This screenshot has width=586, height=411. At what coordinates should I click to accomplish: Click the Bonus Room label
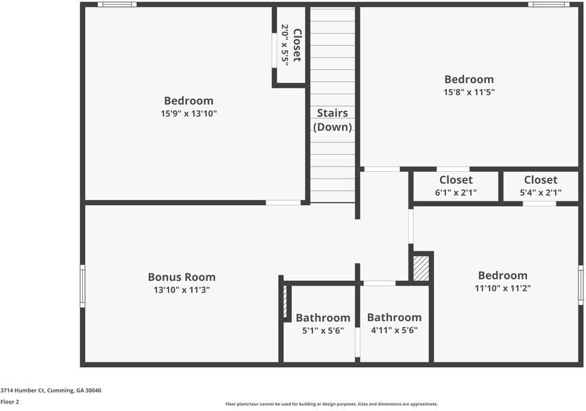pyautogui.click(x=182, y=277)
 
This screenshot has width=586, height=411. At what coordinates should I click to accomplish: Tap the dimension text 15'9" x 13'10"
pyautogui.click(x=188, y=114)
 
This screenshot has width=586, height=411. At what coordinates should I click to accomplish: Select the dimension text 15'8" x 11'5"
pyautogui.click(x=469, y=92)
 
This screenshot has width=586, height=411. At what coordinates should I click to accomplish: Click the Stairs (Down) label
pyautogui.click(x=332, y=120)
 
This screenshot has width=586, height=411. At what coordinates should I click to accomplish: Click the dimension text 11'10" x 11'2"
pyautogui.click(x=503, y=288)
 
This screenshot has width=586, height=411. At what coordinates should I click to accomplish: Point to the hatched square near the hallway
pyautogui.click(x=422, y=268)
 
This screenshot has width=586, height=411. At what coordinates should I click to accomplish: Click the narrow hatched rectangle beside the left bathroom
pyautogui.click(x=285, y=301)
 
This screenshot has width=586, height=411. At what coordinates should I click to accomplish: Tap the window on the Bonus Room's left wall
pyautogui.click(x=82, y=286)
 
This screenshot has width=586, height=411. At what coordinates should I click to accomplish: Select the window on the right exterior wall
pyautogui.click(x=581, y=286)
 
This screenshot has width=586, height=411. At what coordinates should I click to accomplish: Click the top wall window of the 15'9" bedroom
pyautogui.click(x=117, y=5)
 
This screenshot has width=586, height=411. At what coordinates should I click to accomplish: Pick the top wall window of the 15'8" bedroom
pyautogui.click(x=548, y=5)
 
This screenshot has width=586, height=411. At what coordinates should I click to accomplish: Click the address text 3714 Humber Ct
pyautogui.click(x=51, y=390)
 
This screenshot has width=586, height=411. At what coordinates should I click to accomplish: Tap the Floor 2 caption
pyautogui.click(x=10, y=402)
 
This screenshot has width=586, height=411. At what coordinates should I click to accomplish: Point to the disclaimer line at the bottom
pyautogui.click(x=332, y=404)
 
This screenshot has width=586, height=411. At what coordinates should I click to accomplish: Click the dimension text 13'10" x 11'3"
pyautogui.click(x=182, y=290)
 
